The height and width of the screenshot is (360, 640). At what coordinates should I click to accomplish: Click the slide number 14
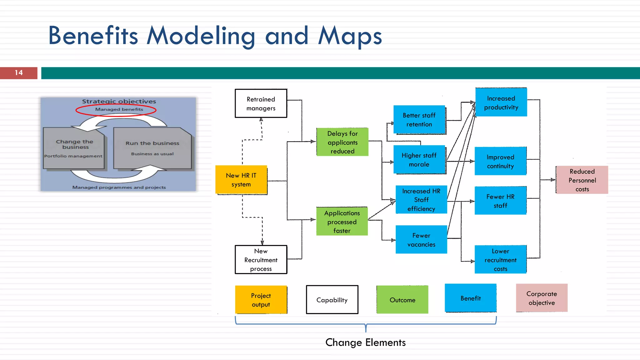coord(19,73)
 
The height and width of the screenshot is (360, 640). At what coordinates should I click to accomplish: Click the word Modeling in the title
coord(201,36)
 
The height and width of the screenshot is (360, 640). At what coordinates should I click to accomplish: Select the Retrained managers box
coord(261,103)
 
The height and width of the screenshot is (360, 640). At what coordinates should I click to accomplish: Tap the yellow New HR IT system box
coord(241,180)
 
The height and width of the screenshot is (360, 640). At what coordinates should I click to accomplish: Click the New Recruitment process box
coord(261,260)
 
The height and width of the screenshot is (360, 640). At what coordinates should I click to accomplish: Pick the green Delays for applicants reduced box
coord(342,142)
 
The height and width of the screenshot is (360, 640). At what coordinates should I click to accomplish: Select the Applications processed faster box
coord(342,222)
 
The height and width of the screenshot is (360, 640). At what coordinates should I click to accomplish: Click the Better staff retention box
coord(419,120)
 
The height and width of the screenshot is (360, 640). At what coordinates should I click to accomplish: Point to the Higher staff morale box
coord(419,160)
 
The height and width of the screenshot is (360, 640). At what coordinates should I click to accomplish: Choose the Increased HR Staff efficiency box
coord(421,200)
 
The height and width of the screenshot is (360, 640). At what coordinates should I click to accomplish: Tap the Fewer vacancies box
coord(421,240)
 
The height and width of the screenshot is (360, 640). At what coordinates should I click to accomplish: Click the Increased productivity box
coord(501,102)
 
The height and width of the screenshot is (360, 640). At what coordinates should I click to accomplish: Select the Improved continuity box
coord(500,161)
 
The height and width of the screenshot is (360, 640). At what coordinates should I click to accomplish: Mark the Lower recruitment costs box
coord(500,260)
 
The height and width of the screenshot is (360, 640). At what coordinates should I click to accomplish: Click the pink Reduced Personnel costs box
coord(582,180)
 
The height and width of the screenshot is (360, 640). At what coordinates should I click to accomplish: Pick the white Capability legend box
coord(332,300)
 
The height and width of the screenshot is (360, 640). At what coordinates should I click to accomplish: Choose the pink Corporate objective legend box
coord(542,298)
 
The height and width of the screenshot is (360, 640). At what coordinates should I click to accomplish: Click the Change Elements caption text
coord(365,342)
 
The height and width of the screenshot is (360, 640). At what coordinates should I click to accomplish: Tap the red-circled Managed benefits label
coord(119,109)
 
